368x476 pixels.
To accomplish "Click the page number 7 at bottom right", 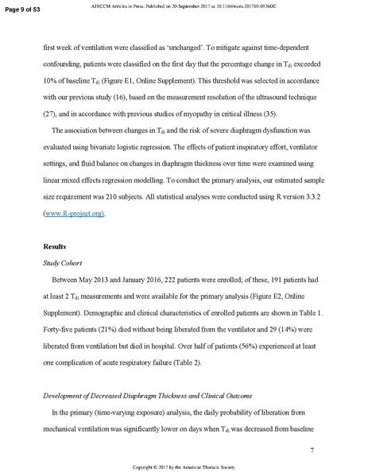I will [x=313, y=451].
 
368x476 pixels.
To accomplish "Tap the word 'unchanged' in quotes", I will [x=192, y=47].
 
